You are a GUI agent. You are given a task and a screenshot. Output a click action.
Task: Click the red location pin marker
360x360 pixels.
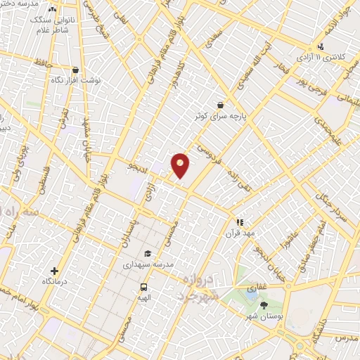181,165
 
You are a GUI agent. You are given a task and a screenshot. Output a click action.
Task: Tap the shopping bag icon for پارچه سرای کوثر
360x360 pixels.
221,105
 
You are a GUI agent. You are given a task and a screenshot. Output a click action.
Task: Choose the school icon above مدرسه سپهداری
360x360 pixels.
148,254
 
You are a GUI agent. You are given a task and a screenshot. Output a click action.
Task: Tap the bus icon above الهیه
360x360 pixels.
143,287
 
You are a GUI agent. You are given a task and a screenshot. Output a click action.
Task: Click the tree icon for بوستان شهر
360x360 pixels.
264,305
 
